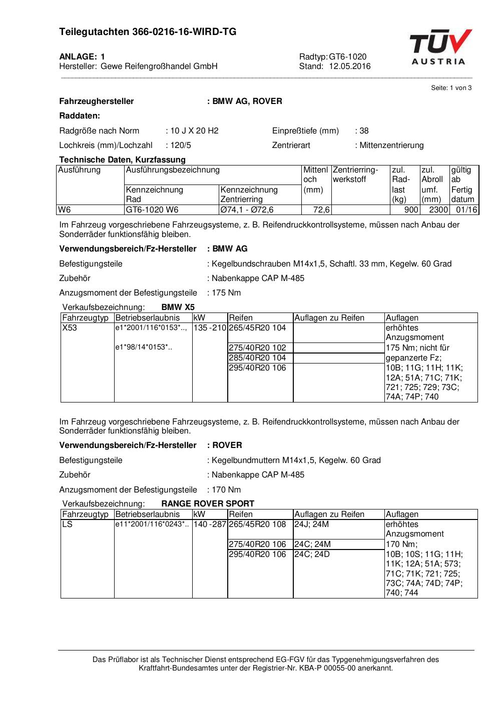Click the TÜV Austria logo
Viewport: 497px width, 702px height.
(440, 47)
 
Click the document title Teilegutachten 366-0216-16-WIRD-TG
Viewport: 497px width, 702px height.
(148, 32)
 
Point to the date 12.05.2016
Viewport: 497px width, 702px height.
(349, 66)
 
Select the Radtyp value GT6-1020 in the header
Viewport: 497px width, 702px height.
(347, 56)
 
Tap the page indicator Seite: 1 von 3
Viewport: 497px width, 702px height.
(451, 88)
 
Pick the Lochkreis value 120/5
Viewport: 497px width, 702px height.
(181, 145)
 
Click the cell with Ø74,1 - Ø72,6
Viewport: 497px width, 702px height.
(247, 210)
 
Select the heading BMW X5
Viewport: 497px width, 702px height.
(178, 307)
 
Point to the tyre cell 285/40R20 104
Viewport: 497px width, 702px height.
(257, 358)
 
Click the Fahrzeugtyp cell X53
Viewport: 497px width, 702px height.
(70, 328)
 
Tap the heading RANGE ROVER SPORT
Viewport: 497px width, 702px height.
(208, 503)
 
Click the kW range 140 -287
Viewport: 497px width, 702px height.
(210, 524)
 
